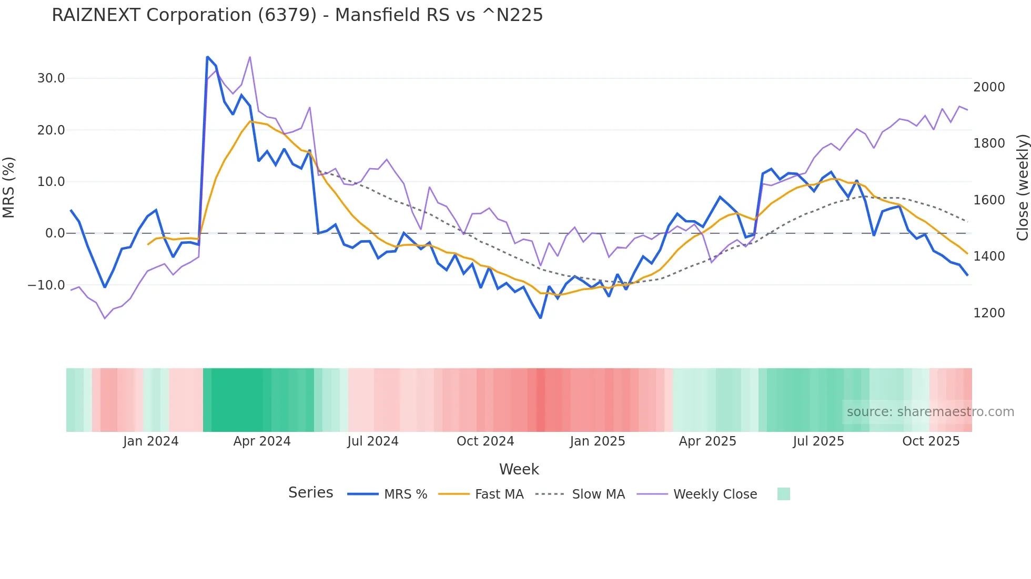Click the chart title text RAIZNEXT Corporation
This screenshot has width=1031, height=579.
pos(297,15)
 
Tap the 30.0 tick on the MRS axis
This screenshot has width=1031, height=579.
pos(51,78)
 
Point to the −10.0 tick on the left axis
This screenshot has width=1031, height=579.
pos(46,285)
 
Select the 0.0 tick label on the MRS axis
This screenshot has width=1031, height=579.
pos(55,233)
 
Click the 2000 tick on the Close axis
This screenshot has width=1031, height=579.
pos(989,87)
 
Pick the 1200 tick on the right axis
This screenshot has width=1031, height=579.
pos(989,313)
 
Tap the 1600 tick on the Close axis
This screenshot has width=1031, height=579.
pos(989,200)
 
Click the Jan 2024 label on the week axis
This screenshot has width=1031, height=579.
pos(151,441)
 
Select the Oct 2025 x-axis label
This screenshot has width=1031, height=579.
pos(931,441)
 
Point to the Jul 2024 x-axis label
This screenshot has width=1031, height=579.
pos(373,441)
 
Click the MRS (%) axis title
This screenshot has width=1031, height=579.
pos(9,187)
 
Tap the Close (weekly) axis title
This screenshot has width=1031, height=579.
pos(1022,187)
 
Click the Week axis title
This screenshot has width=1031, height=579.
pos(519,469)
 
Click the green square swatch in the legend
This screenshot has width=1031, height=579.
pos(784,494)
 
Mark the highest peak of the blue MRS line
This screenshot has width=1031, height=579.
pos(208,57)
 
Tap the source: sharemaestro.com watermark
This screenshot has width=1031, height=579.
pos(930,412)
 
